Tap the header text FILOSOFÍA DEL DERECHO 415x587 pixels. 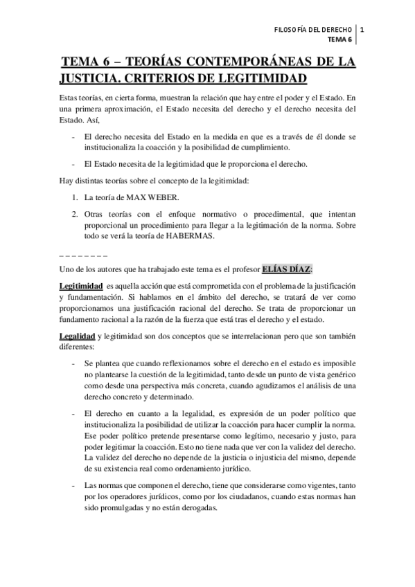tap(313, 30)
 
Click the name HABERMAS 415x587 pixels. tap(207, 235)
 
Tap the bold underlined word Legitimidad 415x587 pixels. tap(78, 286)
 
